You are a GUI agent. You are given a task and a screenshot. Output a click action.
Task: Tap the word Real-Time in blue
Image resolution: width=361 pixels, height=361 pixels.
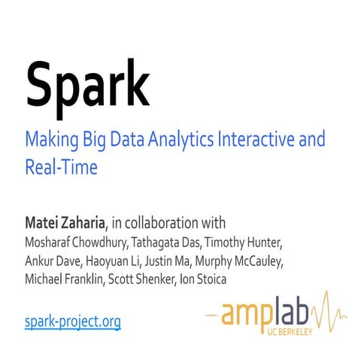point(61,166)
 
